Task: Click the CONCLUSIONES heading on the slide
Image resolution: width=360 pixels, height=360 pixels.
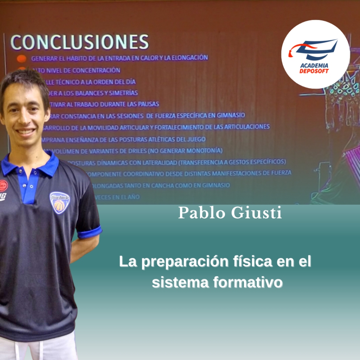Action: pyautogui.click(x=79, y=42)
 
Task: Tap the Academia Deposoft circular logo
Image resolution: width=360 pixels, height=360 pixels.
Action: pyautogui.click(x=315, y=54)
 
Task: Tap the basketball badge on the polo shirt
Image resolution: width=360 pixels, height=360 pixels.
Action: pyautogui.click(x=59, y=202)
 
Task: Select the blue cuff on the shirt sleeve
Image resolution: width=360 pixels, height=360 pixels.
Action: pyautogui.click(x=90, y=232)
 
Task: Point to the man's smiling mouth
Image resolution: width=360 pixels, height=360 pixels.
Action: pyautogui.click(x=25, y=132)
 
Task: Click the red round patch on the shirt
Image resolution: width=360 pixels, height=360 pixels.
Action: pyautogui.click(x=3, y=185)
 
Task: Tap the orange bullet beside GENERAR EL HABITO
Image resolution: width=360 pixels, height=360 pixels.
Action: pyautogui.click(x=22, y=59)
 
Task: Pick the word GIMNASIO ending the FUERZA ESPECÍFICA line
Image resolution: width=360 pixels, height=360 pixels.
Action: pyautogui.click(x=230, y=115)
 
